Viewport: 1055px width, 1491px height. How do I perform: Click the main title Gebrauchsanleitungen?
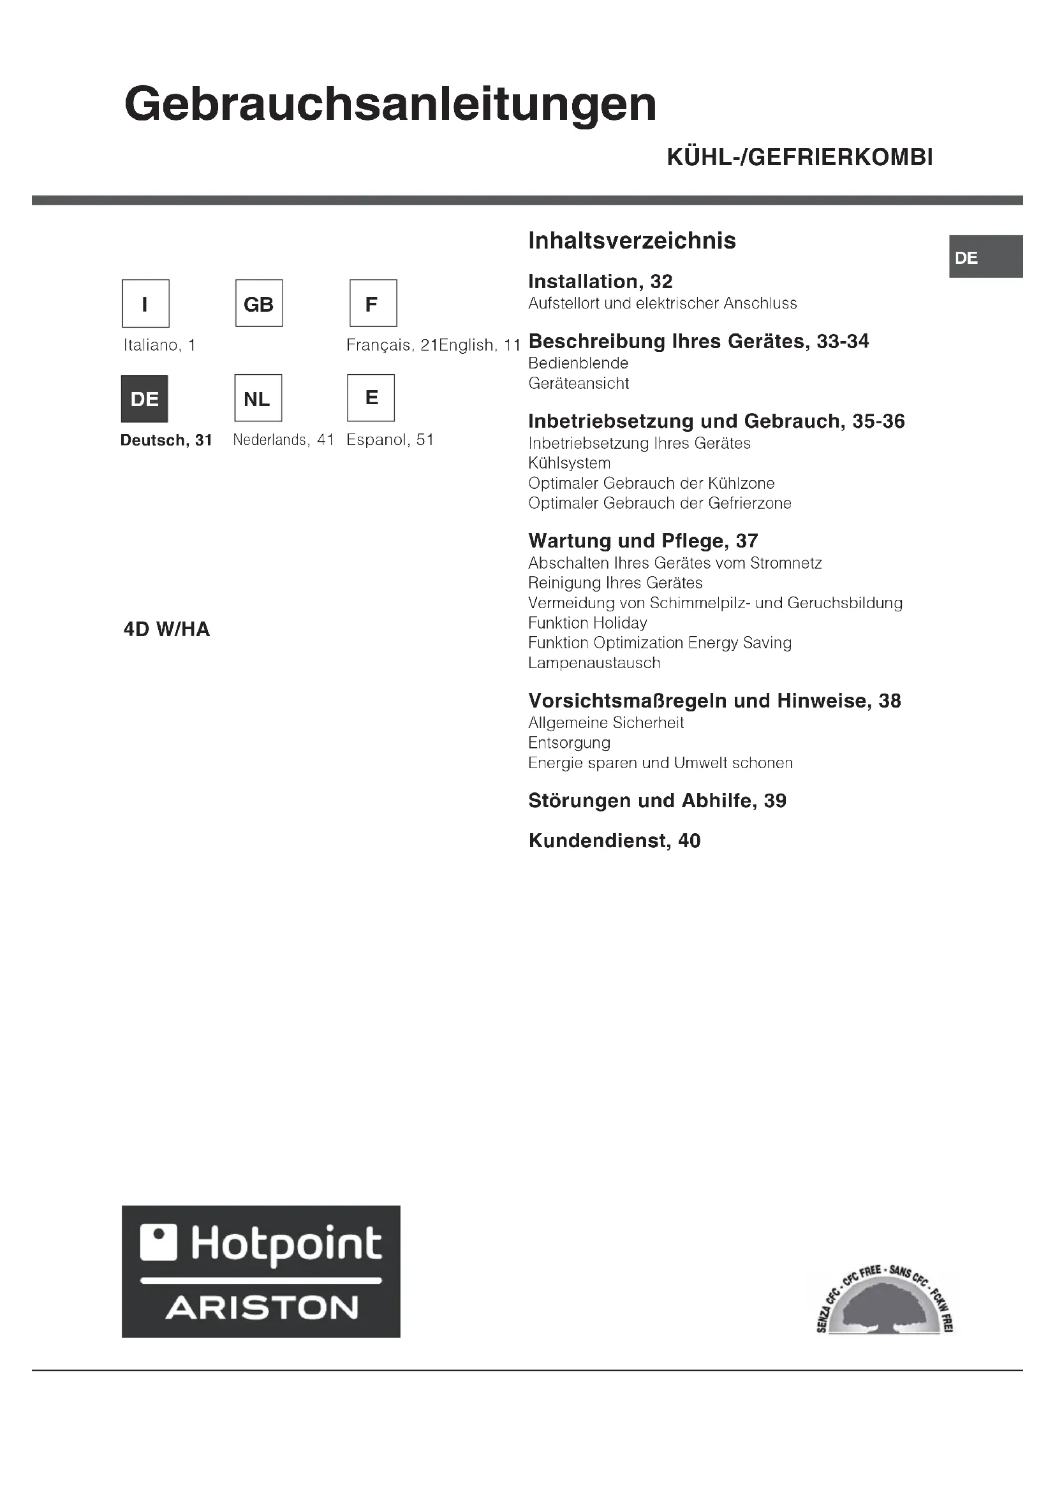click(390, 105)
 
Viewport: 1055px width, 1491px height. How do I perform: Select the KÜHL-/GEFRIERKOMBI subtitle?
click(800, 158)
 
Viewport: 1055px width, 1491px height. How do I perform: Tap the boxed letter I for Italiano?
click(145, 303)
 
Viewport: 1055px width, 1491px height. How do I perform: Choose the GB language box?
click(258, 303)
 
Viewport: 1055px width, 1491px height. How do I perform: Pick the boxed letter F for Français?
click(373, 303)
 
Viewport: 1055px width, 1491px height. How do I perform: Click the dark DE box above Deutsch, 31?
click(145, 398)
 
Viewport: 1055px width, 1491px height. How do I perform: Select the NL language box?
click(258, 398)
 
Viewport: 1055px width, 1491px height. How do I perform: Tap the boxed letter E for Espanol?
click(371, 398)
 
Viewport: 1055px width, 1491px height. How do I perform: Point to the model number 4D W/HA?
click(167, 629)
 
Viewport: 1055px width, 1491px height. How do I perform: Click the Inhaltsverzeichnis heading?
click(631, 241)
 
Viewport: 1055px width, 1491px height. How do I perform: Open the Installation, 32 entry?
click(600, 282)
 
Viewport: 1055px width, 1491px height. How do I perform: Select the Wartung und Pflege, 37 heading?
click(643, 541)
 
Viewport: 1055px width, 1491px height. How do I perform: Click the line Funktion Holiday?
click(587, 623)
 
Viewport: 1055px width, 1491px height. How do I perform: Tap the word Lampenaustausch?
click(594, 663)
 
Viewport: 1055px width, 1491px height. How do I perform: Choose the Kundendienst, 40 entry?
click(614, 841)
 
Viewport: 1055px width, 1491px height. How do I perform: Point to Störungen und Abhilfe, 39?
click(657, 801)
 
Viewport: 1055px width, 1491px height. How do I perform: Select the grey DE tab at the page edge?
click(986, 257)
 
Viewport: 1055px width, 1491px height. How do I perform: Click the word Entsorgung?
click(569, 743)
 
